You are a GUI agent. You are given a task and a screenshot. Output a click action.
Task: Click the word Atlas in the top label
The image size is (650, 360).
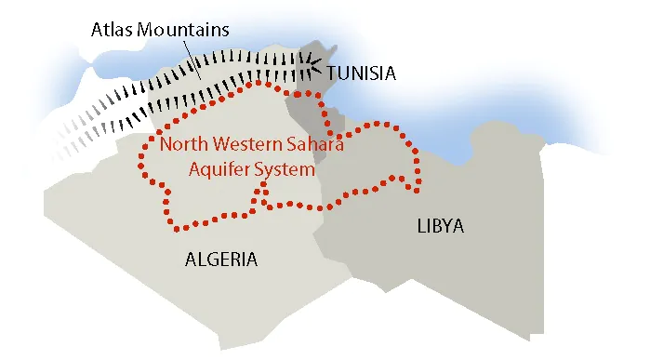pyautogui.click(x=112, y=28)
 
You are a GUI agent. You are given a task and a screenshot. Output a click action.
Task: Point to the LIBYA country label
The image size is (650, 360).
pyautogui.click(x=440, y=226)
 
